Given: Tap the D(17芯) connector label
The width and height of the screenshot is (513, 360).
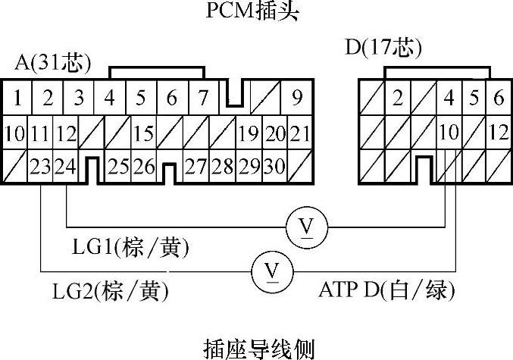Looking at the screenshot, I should tap(383, 49).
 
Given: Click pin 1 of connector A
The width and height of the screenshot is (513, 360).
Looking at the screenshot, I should tap(17, 98).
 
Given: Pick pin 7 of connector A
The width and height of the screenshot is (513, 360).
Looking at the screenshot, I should tap(202, 98).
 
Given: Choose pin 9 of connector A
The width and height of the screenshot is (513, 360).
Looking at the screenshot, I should tap(296, 98).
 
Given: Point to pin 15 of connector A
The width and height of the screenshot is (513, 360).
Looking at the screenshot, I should tap(144, 134).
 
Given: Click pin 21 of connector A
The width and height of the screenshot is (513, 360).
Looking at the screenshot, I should tap(300, 134).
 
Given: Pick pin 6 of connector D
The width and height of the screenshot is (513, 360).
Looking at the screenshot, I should tap(498, 98).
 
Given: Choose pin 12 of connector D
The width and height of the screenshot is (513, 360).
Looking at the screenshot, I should tap(498, 132).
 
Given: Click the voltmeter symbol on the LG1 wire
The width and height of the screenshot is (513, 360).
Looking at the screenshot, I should tap(307, 225).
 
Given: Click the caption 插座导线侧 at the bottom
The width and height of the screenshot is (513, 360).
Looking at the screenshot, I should tap(258, 348).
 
